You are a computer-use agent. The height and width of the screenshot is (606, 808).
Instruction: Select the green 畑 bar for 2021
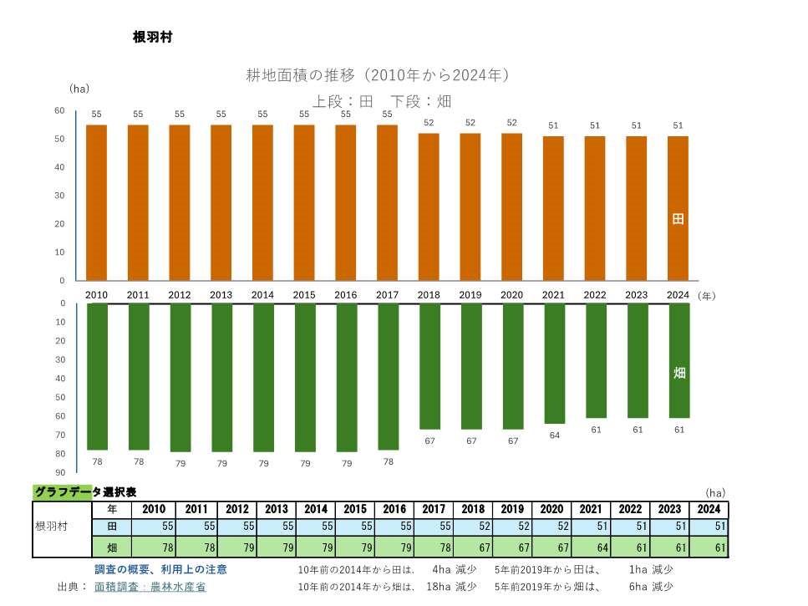coord(554,363)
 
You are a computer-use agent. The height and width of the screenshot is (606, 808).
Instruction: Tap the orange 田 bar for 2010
coord(96,202)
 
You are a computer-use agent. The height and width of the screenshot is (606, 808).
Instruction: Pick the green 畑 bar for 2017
coord(388,376)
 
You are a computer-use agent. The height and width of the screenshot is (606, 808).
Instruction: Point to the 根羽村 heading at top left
coord(152,38)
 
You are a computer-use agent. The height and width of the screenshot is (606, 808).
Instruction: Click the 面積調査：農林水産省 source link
coord(150,587)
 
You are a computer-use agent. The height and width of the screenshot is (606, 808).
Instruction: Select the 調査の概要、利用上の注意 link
coord(160,569)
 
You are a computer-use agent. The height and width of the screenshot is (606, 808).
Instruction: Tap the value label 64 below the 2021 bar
coord(554,435)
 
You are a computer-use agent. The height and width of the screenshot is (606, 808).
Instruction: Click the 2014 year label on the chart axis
coord(262,295)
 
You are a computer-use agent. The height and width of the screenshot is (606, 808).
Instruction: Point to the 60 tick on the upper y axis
coord(59,110)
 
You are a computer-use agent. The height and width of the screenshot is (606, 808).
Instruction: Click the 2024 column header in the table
coord(709,509)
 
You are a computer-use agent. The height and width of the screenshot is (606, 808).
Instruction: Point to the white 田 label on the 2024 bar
coord(678,219)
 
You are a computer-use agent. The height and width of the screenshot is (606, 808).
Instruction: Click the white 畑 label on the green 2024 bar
coord(678,373)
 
